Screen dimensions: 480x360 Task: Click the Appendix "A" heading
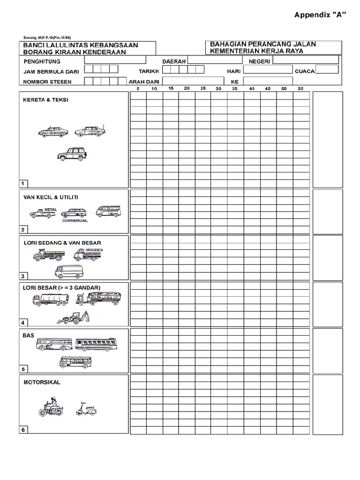pyautogui.click(x=320, y=15)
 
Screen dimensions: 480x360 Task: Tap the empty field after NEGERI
pyautogui.click(x=306, y=60)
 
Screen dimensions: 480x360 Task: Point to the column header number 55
pyautogui.click(x=300, y=89)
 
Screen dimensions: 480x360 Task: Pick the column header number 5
pyautogui.click(x=138, y=89)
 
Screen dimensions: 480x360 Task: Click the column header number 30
pyautogui.click(x=218, y=89)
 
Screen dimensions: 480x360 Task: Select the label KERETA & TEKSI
pyautogui.click(x=46, y=100)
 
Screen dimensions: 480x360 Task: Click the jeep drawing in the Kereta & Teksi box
pyautogui.click(x=71, y=154)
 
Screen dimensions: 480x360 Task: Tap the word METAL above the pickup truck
pyautogui.click(x=51, y=210)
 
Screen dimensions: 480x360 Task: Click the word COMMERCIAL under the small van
pyautogui.click(x=75, y=220)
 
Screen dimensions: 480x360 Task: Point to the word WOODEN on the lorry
pyautogui.click(x=94, y=250)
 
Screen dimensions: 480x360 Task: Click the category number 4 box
pyautogui.click(x=22, y=322)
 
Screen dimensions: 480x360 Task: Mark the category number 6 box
pyautogui.click(x=22, y=430)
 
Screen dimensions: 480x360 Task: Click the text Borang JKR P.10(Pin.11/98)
pyautogui.click(x=47, y=37)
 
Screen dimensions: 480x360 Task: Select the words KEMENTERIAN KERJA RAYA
pyautogui.click(x=257, y=51)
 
